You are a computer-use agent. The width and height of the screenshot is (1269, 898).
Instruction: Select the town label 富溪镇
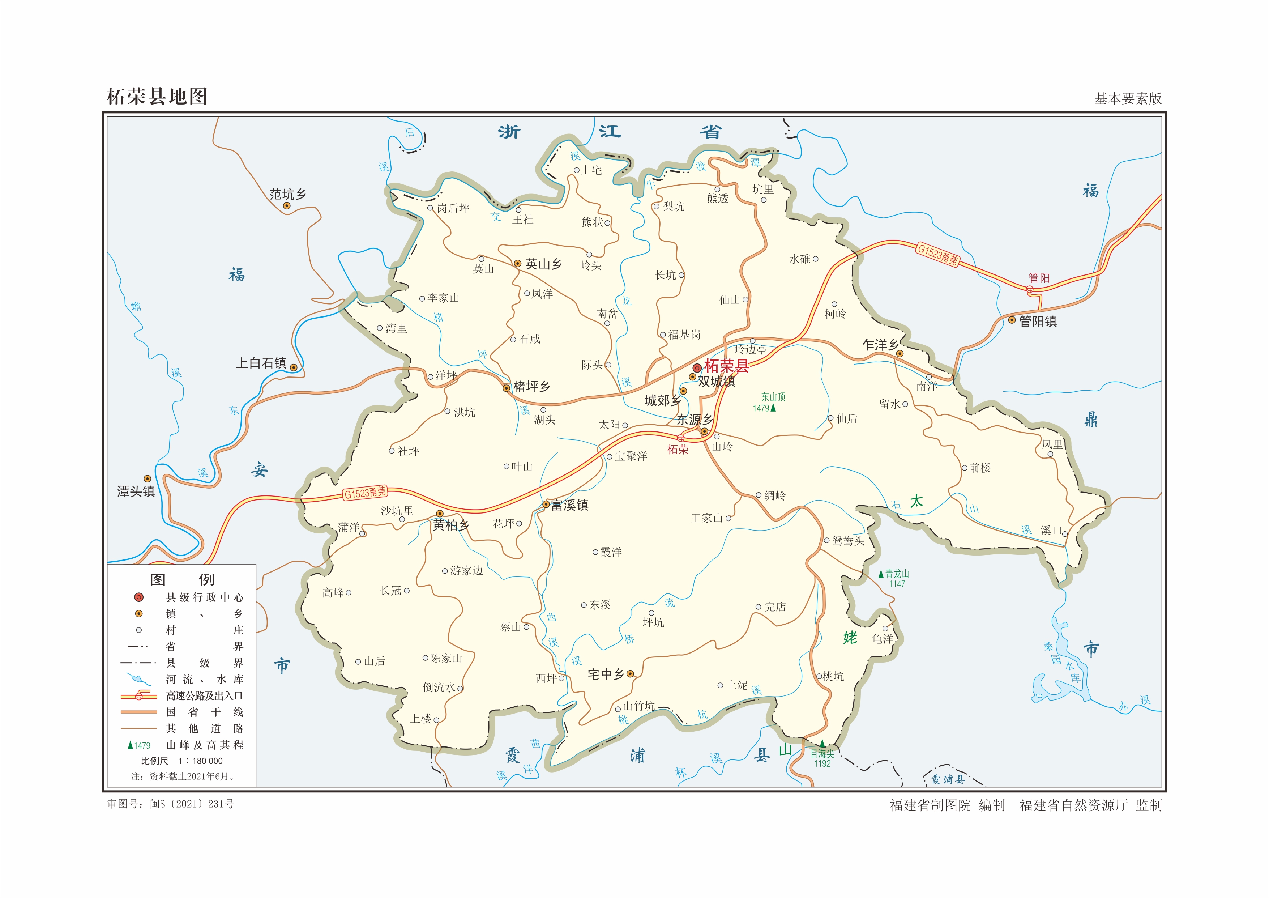coord(570,505)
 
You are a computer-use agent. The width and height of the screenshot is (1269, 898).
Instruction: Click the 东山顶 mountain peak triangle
coord(773,408)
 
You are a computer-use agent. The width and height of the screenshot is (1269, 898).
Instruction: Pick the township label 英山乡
coord(543,264)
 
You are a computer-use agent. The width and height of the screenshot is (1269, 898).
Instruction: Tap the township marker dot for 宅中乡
coord(630,673)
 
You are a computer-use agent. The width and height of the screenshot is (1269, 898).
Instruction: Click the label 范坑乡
coord(287,194)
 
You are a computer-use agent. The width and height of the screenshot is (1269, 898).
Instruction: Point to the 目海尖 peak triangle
coord(822,744)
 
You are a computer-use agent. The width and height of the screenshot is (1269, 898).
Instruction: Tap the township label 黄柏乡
coord(451,525)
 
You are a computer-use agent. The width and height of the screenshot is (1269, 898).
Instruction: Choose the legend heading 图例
coord(182,579)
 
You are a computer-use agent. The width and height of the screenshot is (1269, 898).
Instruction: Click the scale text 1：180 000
coord(200,761)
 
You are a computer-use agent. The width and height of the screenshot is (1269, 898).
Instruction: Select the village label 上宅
coord(591,170)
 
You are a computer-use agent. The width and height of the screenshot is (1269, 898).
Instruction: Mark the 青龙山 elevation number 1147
coord(897,584)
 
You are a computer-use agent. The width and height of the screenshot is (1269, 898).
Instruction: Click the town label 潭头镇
coord(136,491)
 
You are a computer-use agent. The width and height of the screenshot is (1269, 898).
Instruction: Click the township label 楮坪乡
coord(532,387)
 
